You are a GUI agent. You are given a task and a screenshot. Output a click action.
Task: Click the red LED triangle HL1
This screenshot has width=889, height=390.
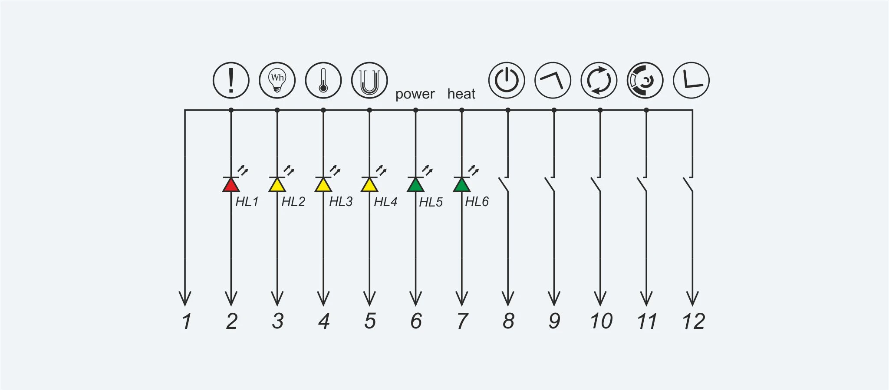[231, 185]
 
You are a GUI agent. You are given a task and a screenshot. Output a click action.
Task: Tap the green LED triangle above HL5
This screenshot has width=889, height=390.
[416, 185]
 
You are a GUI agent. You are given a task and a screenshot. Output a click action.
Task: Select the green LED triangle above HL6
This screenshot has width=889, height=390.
[462, 185]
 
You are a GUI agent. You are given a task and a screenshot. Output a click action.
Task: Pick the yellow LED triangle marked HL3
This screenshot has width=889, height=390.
[323, 185]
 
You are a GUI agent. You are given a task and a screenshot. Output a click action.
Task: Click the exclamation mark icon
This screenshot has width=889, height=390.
[231, 80]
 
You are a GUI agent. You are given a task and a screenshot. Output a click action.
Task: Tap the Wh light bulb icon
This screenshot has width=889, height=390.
[277, 80]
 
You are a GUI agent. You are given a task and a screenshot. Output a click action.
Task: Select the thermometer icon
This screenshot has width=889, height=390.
[323, 80]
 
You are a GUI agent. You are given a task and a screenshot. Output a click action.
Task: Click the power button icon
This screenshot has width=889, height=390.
[507, 80]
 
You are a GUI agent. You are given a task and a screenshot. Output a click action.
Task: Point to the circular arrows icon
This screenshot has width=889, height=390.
[599, 80]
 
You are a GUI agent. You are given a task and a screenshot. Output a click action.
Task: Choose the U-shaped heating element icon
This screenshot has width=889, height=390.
[369, 80]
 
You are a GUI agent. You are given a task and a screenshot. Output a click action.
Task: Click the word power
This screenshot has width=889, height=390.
[415, 94]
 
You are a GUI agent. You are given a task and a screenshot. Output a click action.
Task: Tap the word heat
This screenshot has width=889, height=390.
[461, 94]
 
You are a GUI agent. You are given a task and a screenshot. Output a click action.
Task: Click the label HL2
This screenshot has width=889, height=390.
[293, 202]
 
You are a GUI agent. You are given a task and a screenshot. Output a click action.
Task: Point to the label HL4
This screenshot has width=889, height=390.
[385, 202]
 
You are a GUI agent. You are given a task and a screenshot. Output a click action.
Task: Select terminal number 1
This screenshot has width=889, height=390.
[187, 321]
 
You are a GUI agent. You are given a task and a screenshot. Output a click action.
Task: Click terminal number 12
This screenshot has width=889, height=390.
[693, 321]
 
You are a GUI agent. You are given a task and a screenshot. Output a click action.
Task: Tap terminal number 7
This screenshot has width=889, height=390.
[463, 321]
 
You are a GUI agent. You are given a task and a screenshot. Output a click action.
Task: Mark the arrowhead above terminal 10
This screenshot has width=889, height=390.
[600, 298]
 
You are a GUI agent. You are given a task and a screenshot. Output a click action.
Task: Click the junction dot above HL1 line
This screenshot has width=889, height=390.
[231, 110]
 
